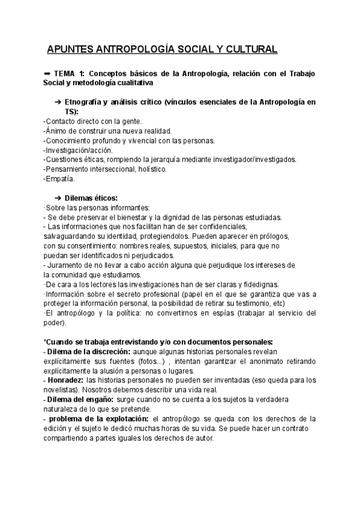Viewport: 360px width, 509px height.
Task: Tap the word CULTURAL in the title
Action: pyautogui.click(x=248, y=49)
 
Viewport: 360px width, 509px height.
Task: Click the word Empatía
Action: pyautogui.click(x=59, y=178)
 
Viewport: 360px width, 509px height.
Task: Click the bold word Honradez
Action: pyautogui.click(x=65, y=380)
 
